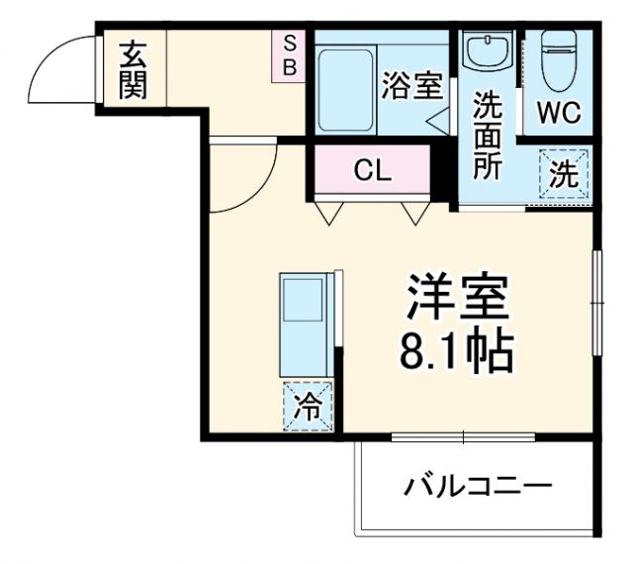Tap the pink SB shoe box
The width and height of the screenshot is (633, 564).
[291, 57]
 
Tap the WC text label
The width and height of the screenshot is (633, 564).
[559, 112]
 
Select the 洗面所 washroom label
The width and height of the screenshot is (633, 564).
[486, 136]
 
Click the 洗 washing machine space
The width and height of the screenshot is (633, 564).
[563, 175]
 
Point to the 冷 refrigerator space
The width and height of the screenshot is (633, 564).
[309, 407]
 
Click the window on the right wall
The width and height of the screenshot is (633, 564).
[596, 298]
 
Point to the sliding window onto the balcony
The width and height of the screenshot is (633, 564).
[464, 436]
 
